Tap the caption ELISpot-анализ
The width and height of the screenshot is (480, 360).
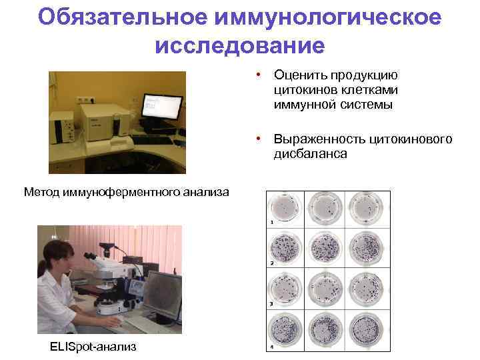click(93, 346)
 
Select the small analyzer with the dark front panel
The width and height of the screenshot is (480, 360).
click(64, 128)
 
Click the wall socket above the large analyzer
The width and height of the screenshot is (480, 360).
click(84, 99)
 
